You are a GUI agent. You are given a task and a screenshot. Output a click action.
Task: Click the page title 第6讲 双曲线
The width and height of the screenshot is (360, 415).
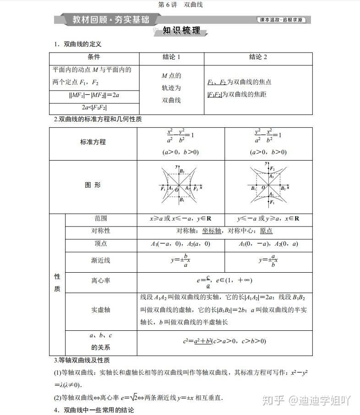point(180,5)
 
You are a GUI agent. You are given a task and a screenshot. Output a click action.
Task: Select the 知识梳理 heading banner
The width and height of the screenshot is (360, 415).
point(181,31)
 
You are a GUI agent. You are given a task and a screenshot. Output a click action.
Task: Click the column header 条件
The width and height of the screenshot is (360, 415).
point(94,57)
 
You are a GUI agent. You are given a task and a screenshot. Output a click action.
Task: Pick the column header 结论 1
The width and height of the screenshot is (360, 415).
point(171,57)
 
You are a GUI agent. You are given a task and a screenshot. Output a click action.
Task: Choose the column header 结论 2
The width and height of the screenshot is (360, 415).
point(258,57)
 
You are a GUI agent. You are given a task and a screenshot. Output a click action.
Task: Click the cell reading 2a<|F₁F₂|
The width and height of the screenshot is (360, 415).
point(94,108)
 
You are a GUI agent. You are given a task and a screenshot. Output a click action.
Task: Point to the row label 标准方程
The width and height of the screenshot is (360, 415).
point(93,142)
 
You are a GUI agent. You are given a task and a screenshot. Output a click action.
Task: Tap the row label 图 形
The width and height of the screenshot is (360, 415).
point(93,185)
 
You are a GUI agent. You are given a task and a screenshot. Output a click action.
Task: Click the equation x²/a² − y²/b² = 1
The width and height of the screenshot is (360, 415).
point(180,135)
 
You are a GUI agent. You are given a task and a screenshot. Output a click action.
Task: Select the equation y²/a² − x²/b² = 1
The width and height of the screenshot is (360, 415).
point(268,135)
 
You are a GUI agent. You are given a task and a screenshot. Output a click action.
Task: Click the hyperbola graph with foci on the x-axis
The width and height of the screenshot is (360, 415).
point(181,186)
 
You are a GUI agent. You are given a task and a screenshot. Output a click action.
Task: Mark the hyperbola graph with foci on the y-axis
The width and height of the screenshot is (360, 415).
point(268,186)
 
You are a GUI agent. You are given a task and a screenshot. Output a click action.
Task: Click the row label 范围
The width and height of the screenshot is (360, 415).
point(101,218)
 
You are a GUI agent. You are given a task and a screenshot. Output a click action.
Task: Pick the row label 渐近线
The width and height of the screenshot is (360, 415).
point(101,260)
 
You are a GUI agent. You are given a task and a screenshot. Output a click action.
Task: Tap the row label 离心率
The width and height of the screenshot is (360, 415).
point(101,280)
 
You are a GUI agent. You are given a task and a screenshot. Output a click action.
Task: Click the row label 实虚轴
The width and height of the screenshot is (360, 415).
point(101,310)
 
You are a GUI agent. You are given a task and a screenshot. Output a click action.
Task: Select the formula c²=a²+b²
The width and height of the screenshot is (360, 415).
point(224,341)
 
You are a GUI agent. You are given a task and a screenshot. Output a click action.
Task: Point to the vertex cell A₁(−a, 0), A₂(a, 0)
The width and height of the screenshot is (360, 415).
point(180,244)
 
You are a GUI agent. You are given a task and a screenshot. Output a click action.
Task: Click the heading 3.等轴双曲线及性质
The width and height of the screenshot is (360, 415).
point(82,361)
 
